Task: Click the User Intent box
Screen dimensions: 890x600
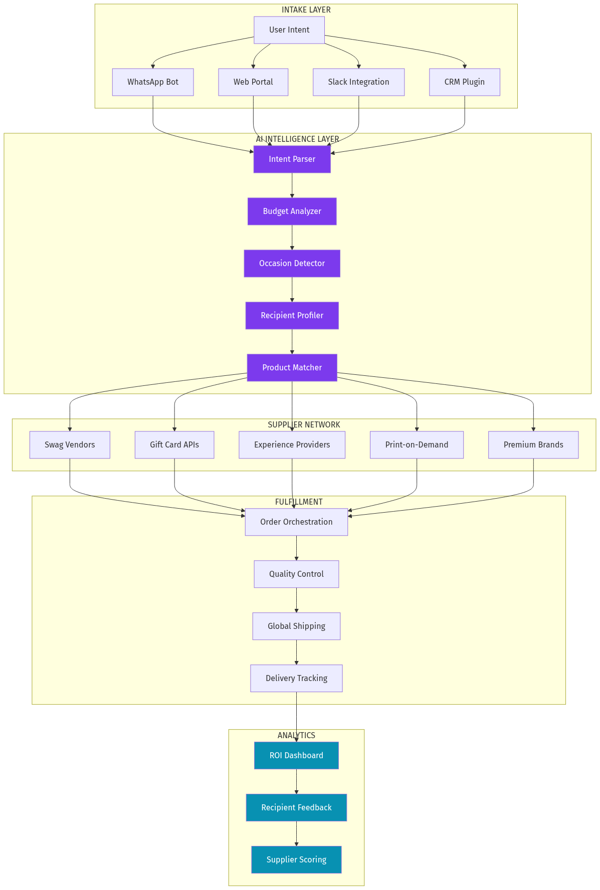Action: [x=289, y=30]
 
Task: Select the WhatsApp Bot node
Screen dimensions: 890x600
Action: [x=153, y=82]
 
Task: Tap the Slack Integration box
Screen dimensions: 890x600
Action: [x=358, y=82]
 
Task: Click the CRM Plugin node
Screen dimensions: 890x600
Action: [x=464, y=82]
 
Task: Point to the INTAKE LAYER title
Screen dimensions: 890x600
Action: [x=306, y=10]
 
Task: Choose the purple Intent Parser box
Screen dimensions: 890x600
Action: [x=292, y=159]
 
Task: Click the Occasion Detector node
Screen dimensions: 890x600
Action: [x=292, y=264]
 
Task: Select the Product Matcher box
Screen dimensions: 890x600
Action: [x=292, y=368]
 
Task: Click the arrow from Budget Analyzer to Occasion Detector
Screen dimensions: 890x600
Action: [x=292, y=238]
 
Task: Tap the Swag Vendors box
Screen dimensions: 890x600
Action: [x=70, y=445]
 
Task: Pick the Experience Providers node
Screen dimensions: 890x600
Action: [x=292, y=445]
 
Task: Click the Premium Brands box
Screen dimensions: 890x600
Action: [x=533, y=445]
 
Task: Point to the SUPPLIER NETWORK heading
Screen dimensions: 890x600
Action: [x=304, y=425]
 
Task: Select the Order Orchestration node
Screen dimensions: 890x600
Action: [x=296, y=522]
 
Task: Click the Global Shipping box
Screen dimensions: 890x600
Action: [x=296, y=626]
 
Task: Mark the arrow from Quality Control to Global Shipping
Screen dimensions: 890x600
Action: [x=296, y=600]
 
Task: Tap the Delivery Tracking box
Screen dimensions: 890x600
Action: [x=296, y=679]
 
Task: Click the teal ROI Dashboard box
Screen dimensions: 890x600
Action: [x=296, y=756]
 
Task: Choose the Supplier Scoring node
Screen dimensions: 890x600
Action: [x=296, y=860]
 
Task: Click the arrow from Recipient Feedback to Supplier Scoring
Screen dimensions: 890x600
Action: [x=296, y=834]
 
